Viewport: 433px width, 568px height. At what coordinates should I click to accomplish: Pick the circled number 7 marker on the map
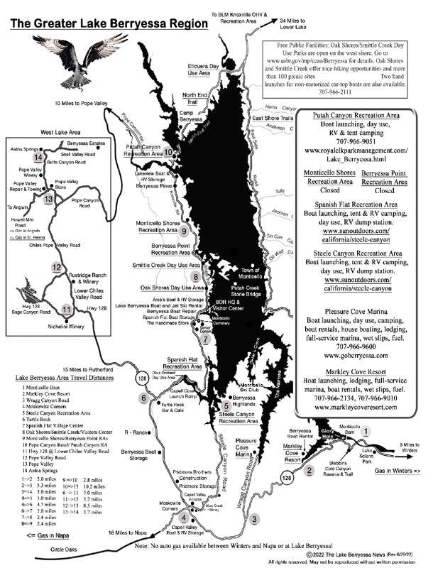pyautogui.click(x=206, y=339)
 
